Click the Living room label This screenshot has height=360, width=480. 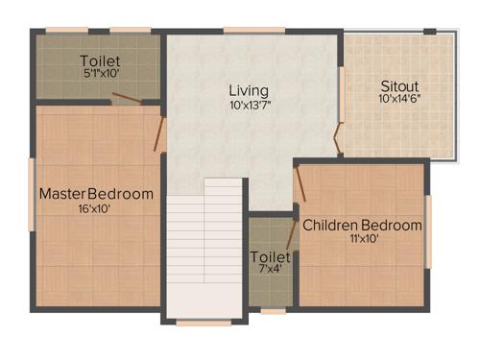248,91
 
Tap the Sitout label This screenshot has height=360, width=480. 398,84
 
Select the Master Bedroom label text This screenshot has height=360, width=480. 96,194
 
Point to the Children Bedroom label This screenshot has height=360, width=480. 362,226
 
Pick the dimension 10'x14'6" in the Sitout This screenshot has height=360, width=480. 399,98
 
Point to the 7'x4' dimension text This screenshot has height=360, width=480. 270,272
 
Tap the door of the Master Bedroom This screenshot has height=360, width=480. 161,134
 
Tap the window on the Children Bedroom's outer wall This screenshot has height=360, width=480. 427,230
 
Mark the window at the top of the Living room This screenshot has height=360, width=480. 253,31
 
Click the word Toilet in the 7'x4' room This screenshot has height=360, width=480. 270,258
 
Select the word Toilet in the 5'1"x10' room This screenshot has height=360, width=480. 100,61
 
